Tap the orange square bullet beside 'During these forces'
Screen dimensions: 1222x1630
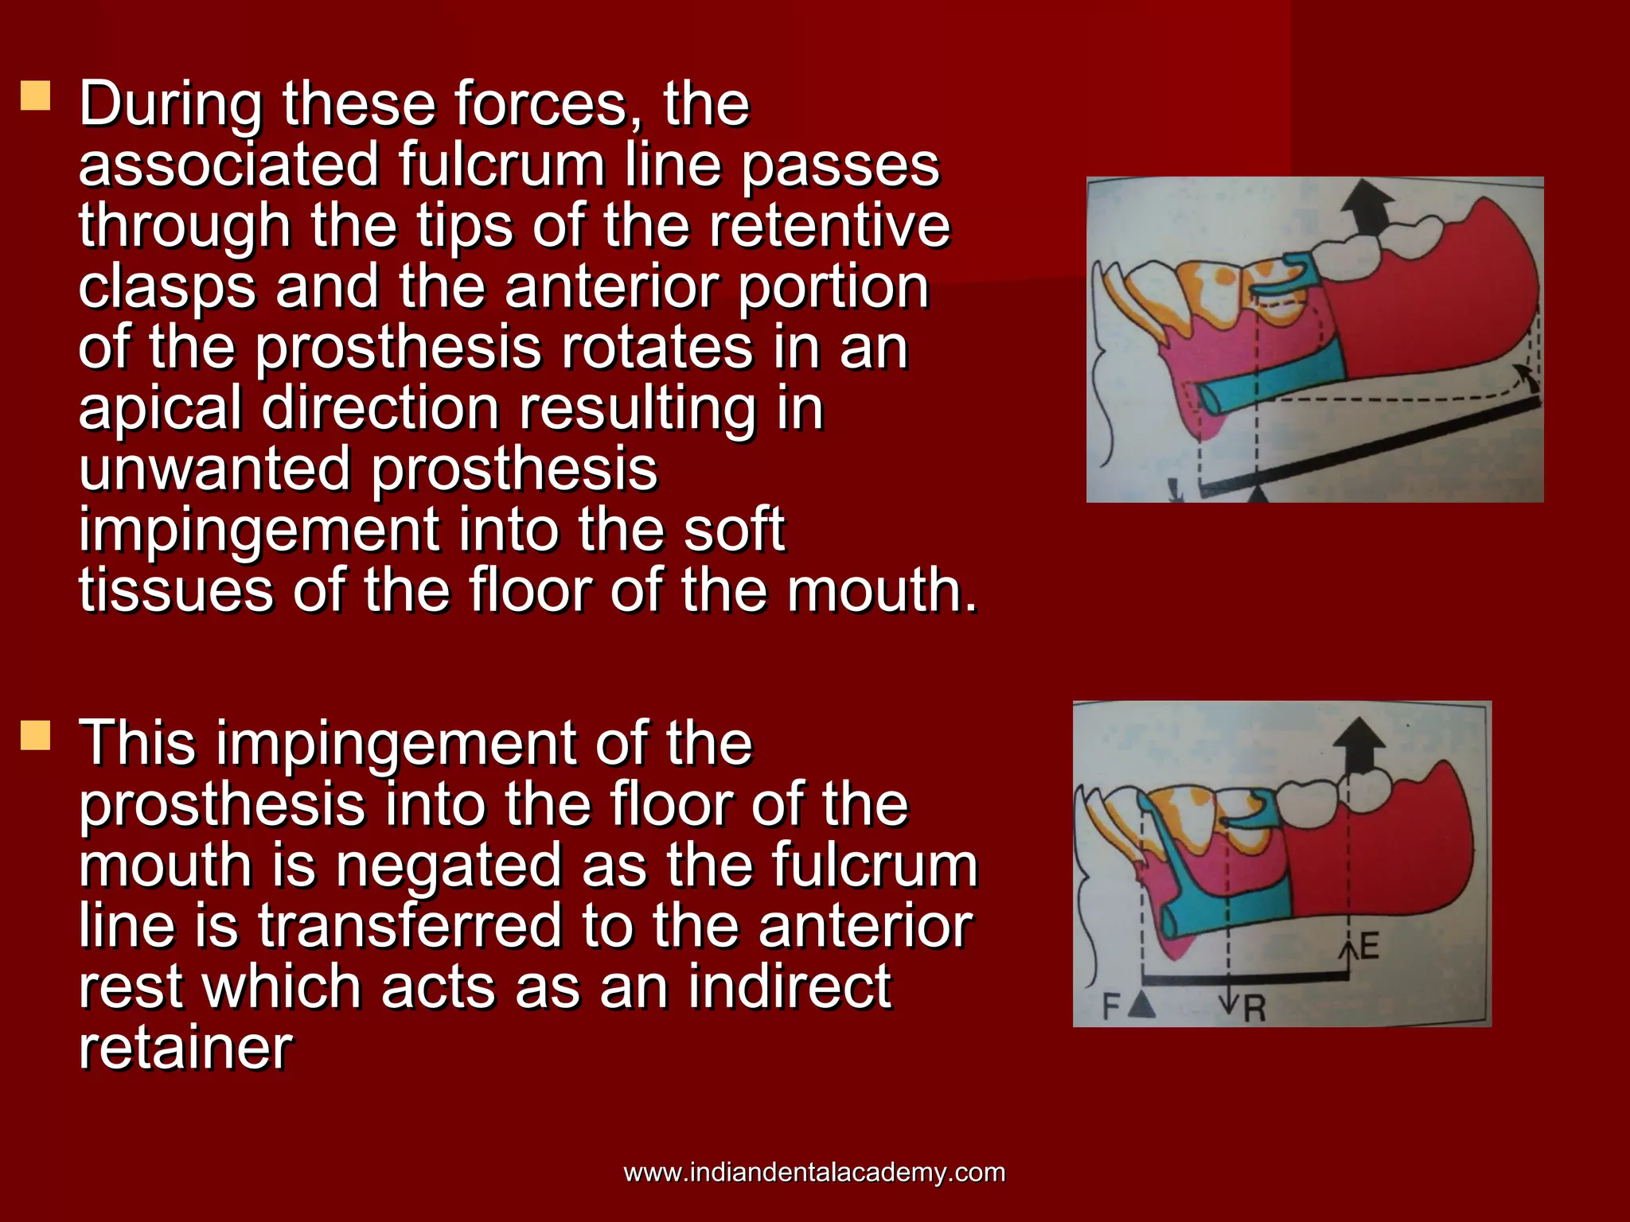[x=36, y=95]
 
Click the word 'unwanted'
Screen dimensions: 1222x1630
[x=214, y=469]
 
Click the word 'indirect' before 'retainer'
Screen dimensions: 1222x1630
[x=789, y=987]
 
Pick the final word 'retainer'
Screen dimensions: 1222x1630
[x=185, y=1048]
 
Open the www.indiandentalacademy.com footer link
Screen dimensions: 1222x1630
[x=814, y=1172]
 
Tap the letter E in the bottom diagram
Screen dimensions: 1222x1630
[x=1369, y=947]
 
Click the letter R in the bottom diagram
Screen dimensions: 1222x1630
[x=1254, y=1009]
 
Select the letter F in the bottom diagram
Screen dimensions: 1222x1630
[x=1111, y=1007]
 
